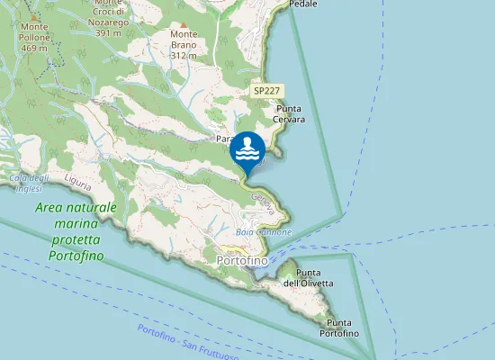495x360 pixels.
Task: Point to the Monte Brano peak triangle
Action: click(184, 24)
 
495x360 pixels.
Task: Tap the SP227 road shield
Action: click(267, 91)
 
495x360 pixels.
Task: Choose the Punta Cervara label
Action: click(290, 113)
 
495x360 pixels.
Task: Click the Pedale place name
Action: click(303, 4)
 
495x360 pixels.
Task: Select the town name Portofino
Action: click(243, 260)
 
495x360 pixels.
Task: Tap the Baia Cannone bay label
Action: click(263, 232)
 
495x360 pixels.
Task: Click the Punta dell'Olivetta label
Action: click(310, 278)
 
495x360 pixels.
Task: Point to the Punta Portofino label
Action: click(339, 328)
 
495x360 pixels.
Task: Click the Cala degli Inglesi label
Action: click(28, 182)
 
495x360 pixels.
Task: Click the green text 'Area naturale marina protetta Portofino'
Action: click(76, 231)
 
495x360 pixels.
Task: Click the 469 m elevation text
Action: click(34, 48)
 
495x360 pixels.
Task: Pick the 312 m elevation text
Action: click(184, 55)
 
